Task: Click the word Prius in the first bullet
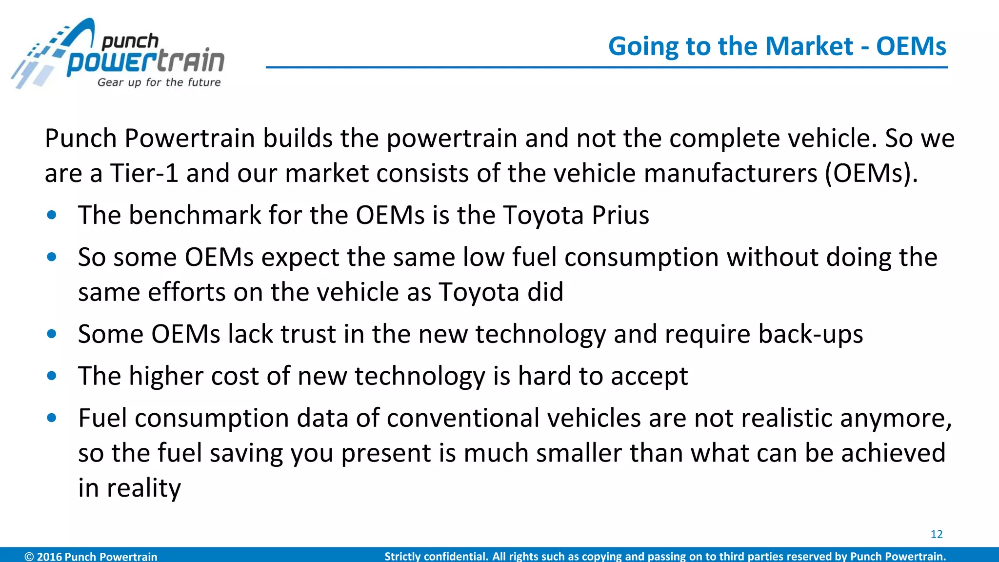pyautogui.click(x=620, y=215)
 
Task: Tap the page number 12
pyautogui.click(x=936, y=534)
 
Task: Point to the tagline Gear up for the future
pyautogui.click(x=159, y=82)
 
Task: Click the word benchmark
pyautogui.click(x=195, y=215)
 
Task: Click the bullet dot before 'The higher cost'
pyautogui.click(x=52, y=376)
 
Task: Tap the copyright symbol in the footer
pyautogui.click(x=29, y=556)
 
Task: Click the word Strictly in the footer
pyautogui.click(x=402, y=556)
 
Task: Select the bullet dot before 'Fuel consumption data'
pyautogui.click(x=52, y=418)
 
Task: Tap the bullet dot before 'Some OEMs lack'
pyautogui.click(x=52, y=334)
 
